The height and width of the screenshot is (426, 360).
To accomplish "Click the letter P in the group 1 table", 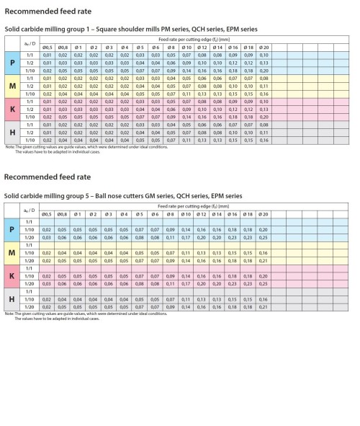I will pos(12,63).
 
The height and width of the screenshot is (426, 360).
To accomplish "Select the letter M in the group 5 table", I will pos(12,254).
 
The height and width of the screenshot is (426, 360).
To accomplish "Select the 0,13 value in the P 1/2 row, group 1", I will pos(263,63).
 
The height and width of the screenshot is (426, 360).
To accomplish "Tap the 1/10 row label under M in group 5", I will pos(29,253).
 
